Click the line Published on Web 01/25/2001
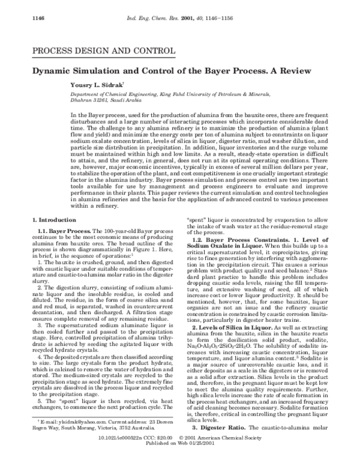[x=179, y=461]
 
